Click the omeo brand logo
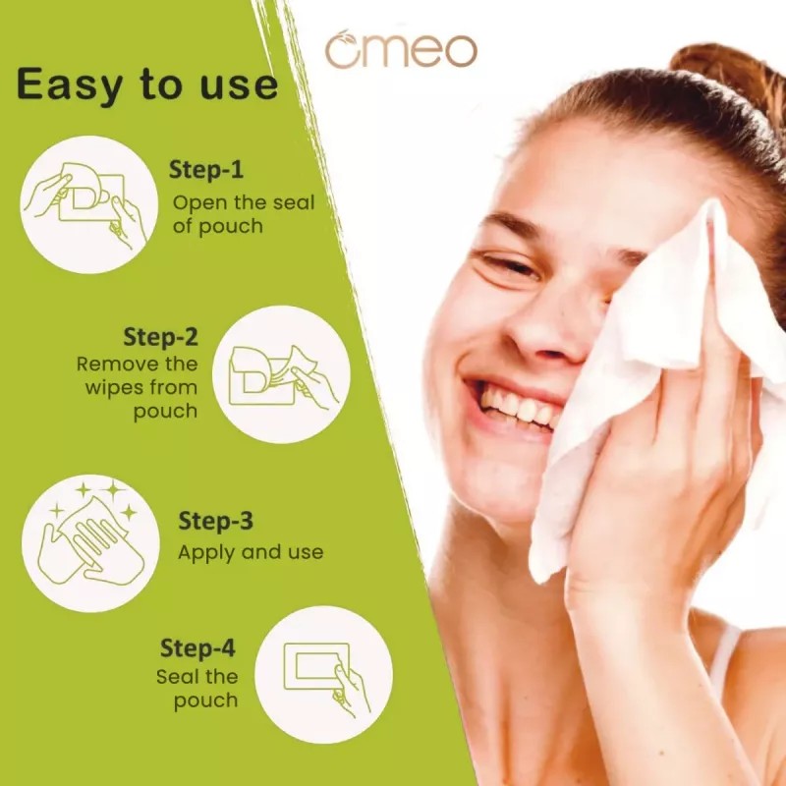(401, 51)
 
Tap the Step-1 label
(206, 169)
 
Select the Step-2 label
(160, 336)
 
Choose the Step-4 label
(199, 648)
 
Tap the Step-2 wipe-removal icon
(281, 374)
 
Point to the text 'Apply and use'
(250, 552)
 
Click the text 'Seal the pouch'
(197, 688)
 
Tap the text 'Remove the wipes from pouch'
(138, 386)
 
